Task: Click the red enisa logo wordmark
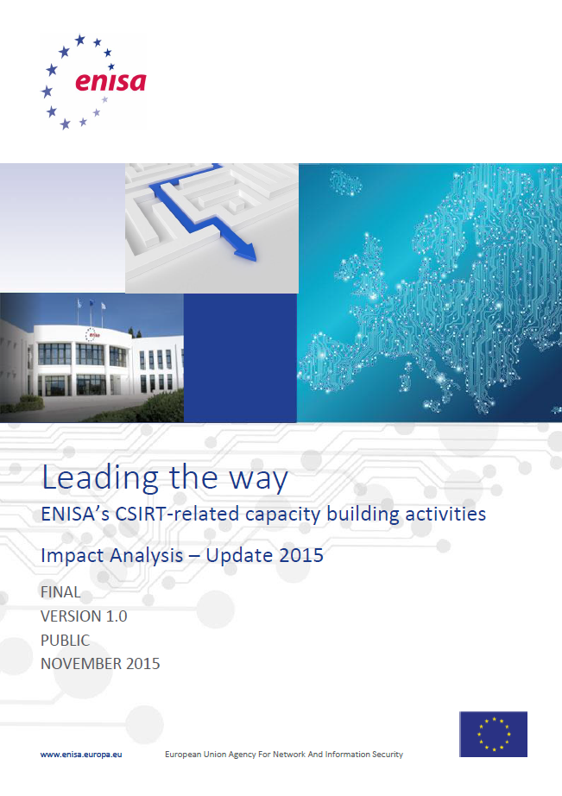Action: [111, 82]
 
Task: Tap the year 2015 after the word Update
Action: [301, 555]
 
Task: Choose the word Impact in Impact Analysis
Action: [73, 556]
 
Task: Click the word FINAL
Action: [60, 592]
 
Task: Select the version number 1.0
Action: [117, 616]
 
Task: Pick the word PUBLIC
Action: [65, 640]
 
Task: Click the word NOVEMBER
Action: [81, 664]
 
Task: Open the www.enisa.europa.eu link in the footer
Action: [81, 755]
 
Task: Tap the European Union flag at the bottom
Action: [494, 734]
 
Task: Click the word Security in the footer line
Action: [388, 755]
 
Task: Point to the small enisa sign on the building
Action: [92, 334]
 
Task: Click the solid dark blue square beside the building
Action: [240, 358]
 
